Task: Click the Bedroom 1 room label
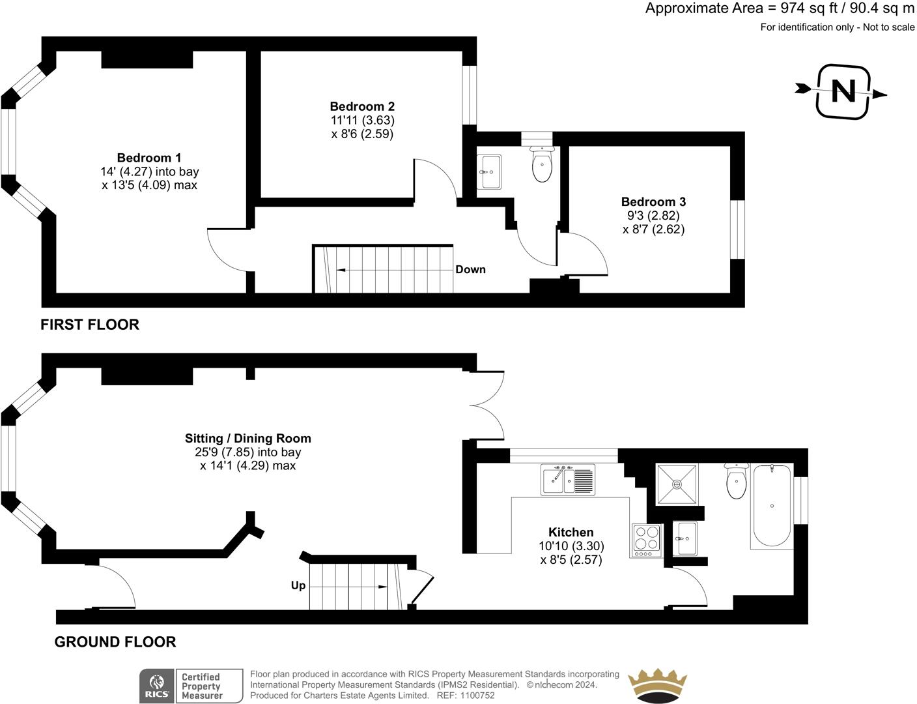tap(149, 158)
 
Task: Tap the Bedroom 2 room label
tap(362, 106)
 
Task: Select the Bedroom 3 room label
tap(653, 202)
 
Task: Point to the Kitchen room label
tap(571, 533)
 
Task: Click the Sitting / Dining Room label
tap(247, 439)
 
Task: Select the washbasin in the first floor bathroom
tap(489, 172)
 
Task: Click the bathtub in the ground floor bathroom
tap(772, 506)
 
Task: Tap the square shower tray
tap(677, 484)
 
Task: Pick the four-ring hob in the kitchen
tap(646, 540)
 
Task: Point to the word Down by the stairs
tap(470, 269)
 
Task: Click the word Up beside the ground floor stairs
tap(298, 585)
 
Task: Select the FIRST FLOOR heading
tap(90, 324)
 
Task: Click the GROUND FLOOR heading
tap(115, 642)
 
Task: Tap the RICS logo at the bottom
tap(156, 686)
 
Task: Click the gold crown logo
tap(657, 685)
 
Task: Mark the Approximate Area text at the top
tap(780, 8)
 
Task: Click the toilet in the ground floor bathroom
tap(737, 482)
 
